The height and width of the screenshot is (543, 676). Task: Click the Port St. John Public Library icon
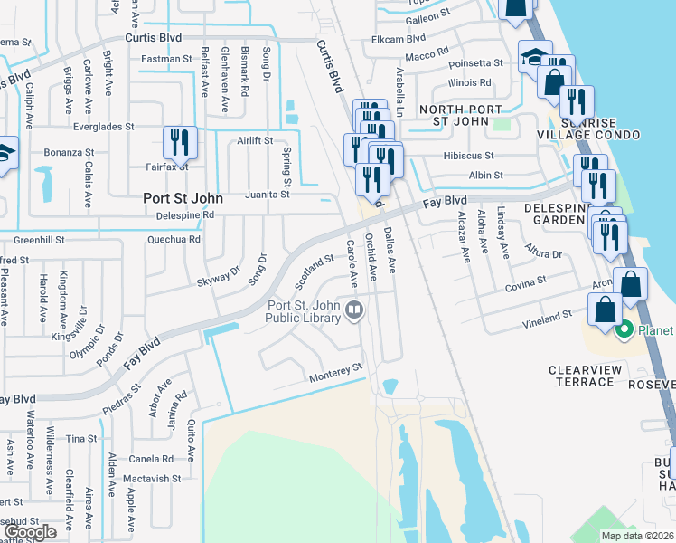[x=354, y=311]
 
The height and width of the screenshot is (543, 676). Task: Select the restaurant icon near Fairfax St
[x=178, y=143]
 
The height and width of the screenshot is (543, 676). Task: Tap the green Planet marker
[x=624, y=330]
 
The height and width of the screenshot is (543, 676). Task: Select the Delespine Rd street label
[x=183, y=215]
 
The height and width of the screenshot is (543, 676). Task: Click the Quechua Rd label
[x=174, y=240]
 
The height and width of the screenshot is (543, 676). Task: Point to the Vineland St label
[x=548, y=318]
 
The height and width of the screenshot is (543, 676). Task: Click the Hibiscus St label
[x=468, y=156]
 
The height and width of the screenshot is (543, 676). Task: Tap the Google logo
[x=31, y=533]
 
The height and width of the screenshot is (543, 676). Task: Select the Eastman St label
[x=167, y=59]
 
